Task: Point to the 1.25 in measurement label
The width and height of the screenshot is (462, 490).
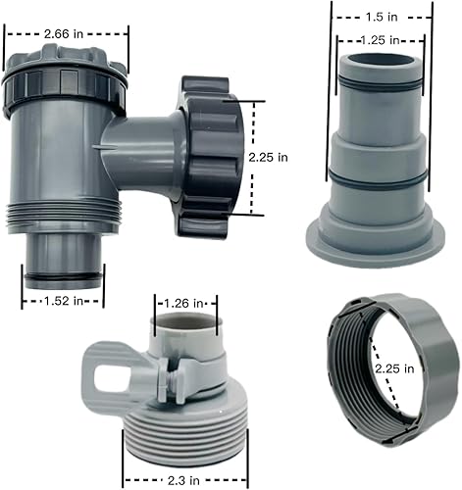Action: coord(380,40)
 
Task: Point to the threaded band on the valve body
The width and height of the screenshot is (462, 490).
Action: coord(64,218)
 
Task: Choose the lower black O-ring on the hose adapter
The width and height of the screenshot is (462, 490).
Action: coord(381,178)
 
